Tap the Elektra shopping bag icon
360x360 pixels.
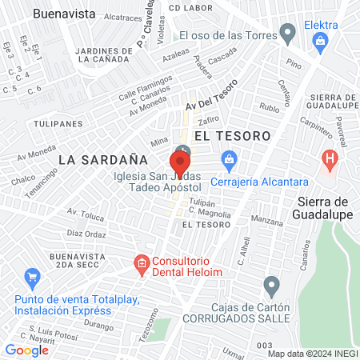[321, 40]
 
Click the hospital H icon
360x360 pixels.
[328, 159]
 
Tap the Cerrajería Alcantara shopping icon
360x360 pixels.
[229, 158]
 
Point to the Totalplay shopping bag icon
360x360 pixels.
[33, 279]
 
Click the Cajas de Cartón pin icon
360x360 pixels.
[272, 286]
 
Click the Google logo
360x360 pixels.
[27, 350]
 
